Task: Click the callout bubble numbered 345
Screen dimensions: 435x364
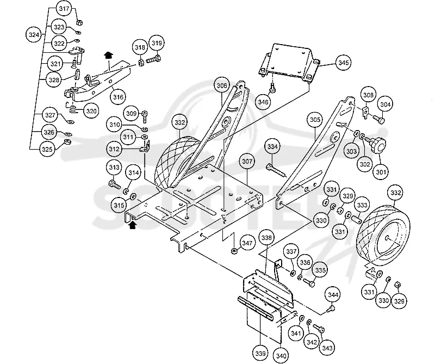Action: (343, 63)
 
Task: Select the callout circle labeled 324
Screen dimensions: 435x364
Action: (34, 35)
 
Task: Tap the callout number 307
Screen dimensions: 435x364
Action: (247, 161)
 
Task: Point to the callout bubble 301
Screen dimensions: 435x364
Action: (381, 172)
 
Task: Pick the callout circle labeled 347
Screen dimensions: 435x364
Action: (247, 243)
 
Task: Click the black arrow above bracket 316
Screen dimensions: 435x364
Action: (108, 55)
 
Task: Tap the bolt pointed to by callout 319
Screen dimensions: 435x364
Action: (153, 59)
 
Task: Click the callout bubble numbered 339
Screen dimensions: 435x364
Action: (260, 354)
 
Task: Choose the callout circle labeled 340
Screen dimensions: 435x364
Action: (281, 356)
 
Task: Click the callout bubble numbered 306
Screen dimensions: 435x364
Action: (222, 86)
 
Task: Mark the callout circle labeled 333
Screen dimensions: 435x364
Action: (362, 205)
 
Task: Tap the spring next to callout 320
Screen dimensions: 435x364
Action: (72, 108)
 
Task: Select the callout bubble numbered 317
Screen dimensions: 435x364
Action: (64, 9)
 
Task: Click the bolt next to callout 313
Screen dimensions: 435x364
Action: (114, 184)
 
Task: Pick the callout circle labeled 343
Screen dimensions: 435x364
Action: (328, 348)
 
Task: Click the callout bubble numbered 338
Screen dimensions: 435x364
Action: (266, 238)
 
